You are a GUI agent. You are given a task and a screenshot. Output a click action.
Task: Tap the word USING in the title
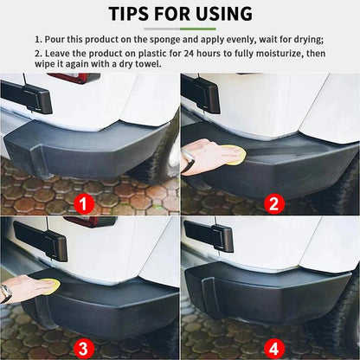[220, 14]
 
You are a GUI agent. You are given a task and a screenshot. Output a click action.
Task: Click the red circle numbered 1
[83, 204]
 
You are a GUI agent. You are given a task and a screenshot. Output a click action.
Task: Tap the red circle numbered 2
[273, 204]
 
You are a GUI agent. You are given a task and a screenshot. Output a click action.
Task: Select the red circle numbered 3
[83, 350]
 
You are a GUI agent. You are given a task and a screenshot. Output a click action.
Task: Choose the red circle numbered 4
[273, 350]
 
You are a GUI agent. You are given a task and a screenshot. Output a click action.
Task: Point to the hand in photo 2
[200, 153]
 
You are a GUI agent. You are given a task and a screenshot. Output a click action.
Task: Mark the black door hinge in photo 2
[200, 93]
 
